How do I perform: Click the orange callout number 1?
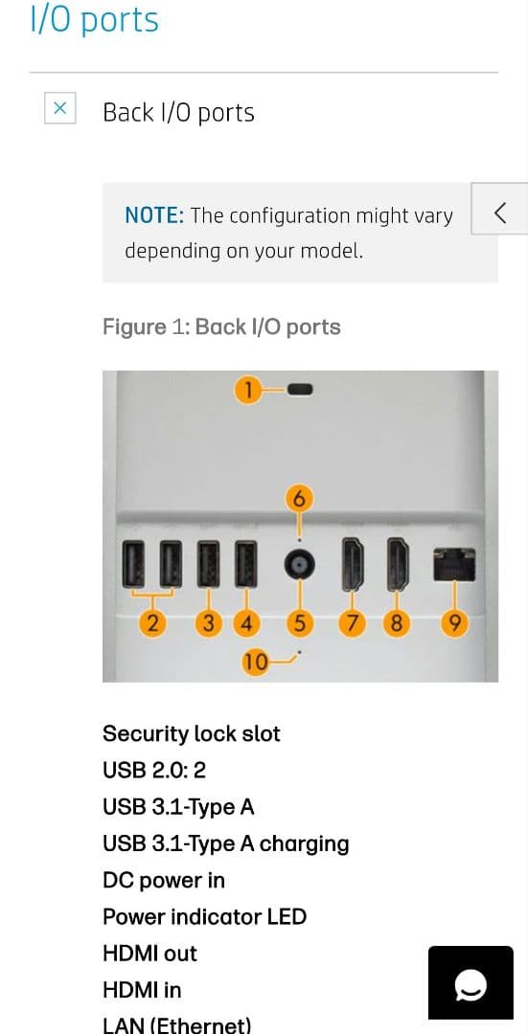pyautogui.click(x=247, y=391)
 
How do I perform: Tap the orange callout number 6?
pyautogui.click(x=300, y=499)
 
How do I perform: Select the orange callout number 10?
pyautogui.click(x=256, y=662)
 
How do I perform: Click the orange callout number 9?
pyautogui.click(x=453, y=622)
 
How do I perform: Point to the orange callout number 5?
pyautogui.click(x=300, y=622)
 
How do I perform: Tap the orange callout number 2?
pyautogui.click(x=152, y=622)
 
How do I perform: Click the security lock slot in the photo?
pyautogui.click(x=301, y=391)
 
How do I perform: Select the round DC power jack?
pyautogui.click(x=300, y=565)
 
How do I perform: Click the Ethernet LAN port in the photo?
pyautogui.click(x=453, y=564)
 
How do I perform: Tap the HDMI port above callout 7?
pyautogui.click(x=353, y=564)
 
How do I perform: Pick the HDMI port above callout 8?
pyautogui.click(x=398, y=564)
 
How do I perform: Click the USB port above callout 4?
pyautogui.click(x=246, y=564)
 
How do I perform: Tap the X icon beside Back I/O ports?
pyautogui.click(x=60, y=108)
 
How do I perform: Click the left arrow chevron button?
pyautogui.click(x=499, y=213)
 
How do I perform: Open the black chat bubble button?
pyautogui.click(x=471, y=986)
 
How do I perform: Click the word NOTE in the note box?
pyautogui.click(x=154, y=215)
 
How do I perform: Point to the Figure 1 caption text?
pyautogui.click(x=221, y=327)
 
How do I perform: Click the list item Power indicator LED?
pyautogui.click(x=205, y=916)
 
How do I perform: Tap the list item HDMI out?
pyautogui.click(x=149, y=954)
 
